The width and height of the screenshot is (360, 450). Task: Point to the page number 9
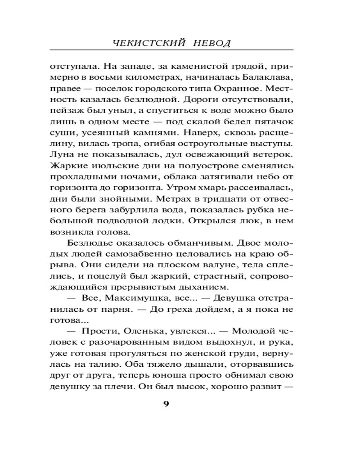coord(166,403)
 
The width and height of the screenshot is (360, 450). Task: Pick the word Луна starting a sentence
coord(59,153)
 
